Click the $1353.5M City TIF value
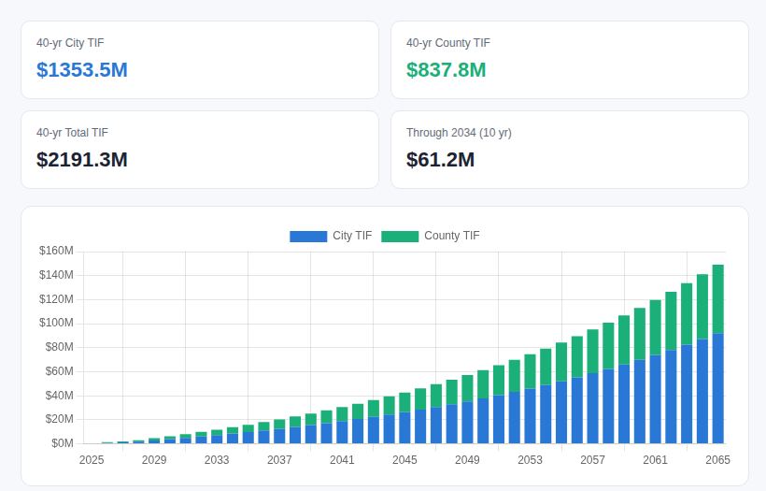[x=81, y=69]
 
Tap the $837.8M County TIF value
[x=446, y=69]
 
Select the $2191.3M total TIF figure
[x=81, y=159]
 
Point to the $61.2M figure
[x=440, y=159]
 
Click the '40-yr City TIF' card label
[x=70, y=43]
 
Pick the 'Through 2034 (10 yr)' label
[x=459, y=133]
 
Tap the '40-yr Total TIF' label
[x=72, y=133]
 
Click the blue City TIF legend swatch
[x=308, y=237]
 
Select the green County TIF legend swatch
[x=400, y=237]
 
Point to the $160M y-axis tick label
[x=56, y=251]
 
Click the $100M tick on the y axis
[x=56, y=323]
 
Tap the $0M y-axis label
[x=62, y=443]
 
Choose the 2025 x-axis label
[x=92, y=460]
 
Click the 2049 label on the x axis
[x=467, y=460]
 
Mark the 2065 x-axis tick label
[x=717, y=460]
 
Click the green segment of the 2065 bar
[x=718, y=299]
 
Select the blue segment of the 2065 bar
[x=718, y=389]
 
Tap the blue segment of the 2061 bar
[x=656, y=399]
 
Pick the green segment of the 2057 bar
[x=592, y=351]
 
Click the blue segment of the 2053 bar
[x=530, y=416]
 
